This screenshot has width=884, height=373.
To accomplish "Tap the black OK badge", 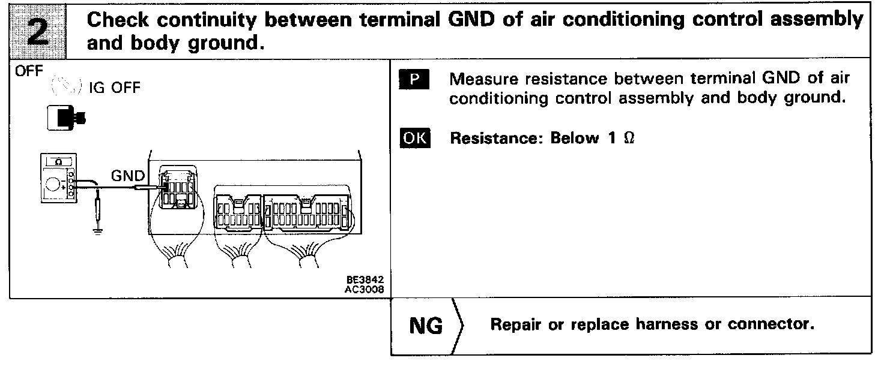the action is click(x=414, y=139).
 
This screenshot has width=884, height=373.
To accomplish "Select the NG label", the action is click(x=426, y=326).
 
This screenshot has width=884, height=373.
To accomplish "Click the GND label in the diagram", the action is click(x=128, y=176).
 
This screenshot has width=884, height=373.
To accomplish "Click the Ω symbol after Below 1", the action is click(x=629, y=139).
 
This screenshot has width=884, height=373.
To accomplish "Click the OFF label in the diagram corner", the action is click(x=26, y=71).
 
